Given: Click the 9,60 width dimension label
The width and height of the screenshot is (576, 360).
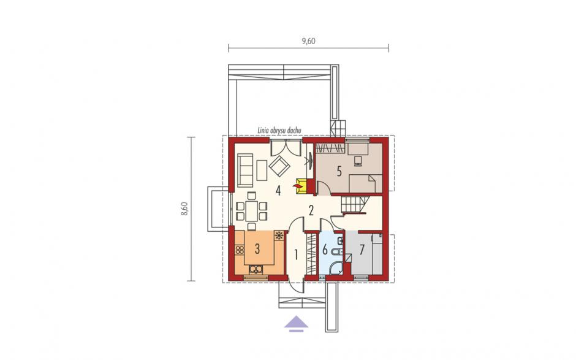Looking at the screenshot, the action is tap(309, 41).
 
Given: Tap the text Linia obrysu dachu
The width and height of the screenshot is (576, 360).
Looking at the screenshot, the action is tap(279, 131).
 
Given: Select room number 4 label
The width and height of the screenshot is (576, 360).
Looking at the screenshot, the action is tap(278, 191).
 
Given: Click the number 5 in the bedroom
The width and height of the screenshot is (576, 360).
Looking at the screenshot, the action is tap(339, 171).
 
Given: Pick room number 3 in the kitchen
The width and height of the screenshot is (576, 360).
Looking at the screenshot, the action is tap(257, 248).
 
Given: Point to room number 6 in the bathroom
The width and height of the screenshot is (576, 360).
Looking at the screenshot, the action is tap(325, 250).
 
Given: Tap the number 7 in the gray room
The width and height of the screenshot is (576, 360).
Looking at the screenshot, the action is tap(362, 250).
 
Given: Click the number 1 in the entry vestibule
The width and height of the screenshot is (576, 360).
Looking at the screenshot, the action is tap(296, 255).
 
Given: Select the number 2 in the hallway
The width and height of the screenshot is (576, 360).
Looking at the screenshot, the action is tap(311, 210).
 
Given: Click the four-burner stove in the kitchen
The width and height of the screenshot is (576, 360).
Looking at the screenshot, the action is tap(240, 250).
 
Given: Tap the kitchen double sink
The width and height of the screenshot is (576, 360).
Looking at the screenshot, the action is tap(256, 270).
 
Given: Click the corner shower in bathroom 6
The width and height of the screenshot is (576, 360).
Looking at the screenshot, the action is tap(335, 269).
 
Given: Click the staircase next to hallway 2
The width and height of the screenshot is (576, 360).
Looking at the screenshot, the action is tap(355, 205).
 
